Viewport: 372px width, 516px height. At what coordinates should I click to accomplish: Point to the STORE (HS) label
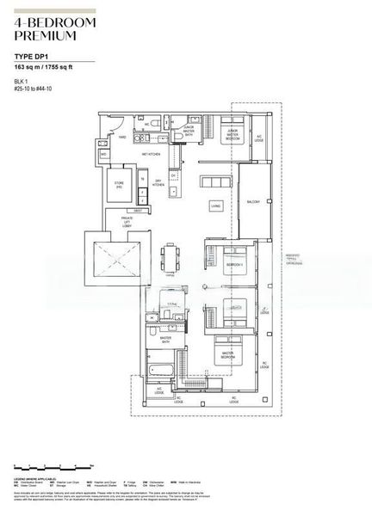coord(120,184)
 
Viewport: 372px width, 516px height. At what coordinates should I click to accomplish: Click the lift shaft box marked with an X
coord(108,258)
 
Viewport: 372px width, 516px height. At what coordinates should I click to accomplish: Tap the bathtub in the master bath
coord(161,372)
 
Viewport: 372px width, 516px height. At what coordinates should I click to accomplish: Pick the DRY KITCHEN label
coord(158,183)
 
